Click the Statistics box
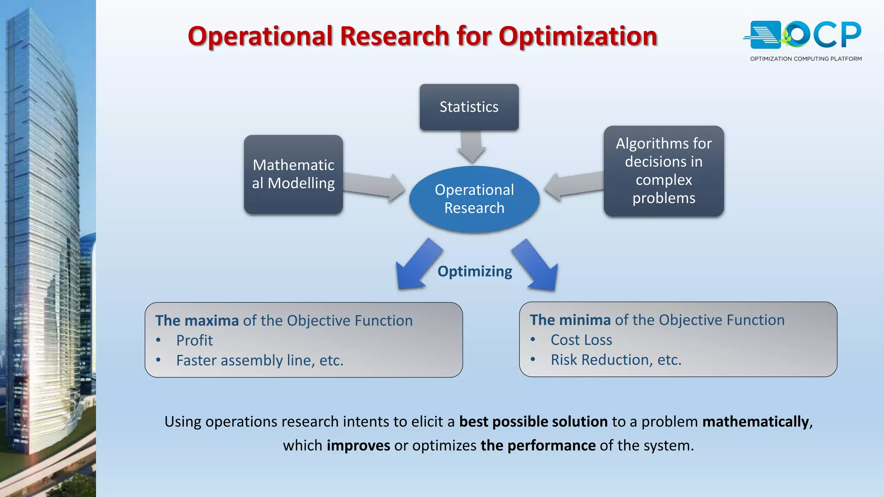pos(469,107)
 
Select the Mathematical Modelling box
pos(293,174)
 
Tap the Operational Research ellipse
pos(474,199)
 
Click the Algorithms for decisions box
pos(663,171)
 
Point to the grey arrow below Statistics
pos(471,147)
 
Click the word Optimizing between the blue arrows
pos(475,271)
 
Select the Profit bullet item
pos(194,340)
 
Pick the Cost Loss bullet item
pos(581,340)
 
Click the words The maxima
pos(197,321)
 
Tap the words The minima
pos(570,320)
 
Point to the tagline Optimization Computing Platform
pos(805,59)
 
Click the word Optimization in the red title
pos(578,36)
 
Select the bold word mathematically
pos(755,422)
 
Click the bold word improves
pos(358,445)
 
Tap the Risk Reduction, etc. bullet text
pos(616,360)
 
